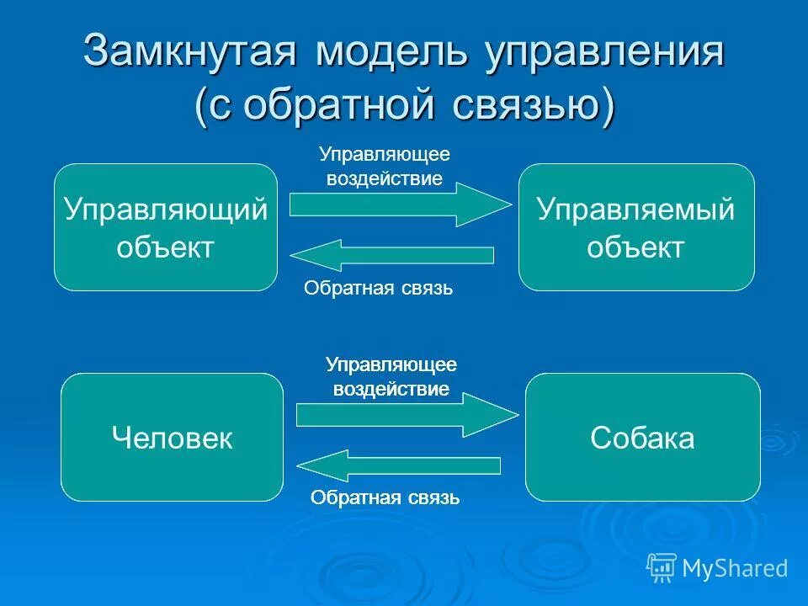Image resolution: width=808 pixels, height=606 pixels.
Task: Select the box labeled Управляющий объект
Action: point(166,227)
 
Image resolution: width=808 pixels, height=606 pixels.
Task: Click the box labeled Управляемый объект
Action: point(636,227)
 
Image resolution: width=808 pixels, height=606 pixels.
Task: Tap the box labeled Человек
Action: point(172,438)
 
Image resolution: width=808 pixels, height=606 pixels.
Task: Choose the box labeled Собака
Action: point(642,438)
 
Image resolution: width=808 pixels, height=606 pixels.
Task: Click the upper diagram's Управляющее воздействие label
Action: point(385,167)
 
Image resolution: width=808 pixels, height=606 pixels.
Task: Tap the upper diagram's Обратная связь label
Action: point(378,289)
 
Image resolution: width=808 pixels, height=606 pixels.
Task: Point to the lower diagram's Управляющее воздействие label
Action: point(391,377)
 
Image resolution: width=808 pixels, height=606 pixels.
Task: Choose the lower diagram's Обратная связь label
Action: point(385,497)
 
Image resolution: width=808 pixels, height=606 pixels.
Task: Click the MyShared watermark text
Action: point(735,568)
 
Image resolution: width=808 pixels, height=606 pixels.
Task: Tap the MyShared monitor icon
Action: point(662,568)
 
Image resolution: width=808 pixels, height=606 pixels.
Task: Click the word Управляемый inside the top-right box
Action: point(636,210)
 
